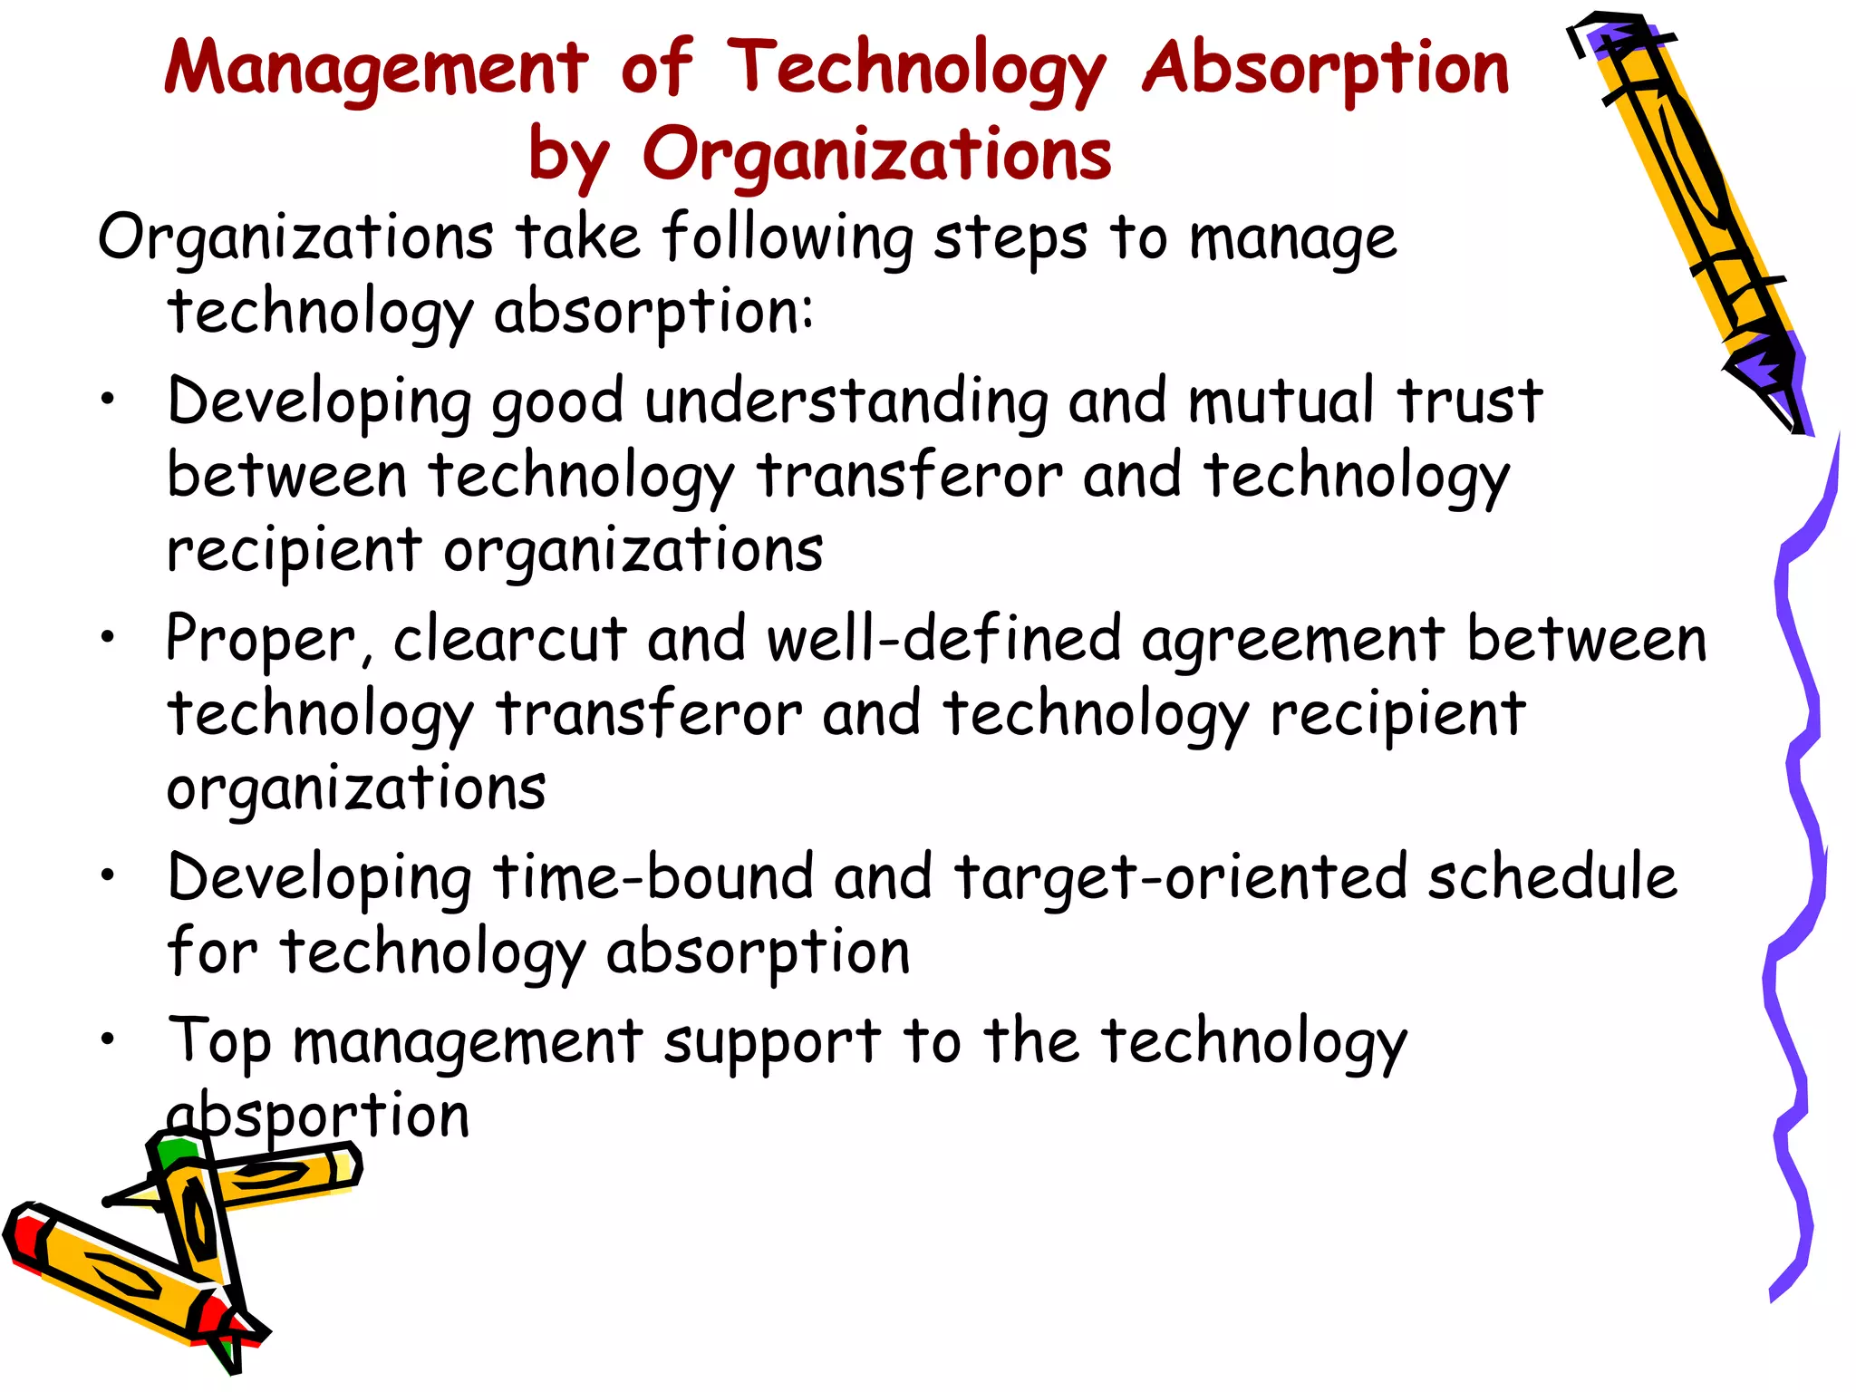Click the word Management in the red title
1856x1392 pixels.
click(376, 69)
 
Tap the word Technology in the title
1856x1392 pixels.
click(916, 69)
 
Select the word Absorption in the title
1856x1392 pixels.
click(1325, 69)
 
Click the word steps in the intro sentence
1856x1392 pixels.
click(1010, 239)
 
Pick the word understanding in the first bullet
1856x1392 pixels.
click(846, 401)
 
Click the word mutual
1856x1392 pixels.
click(1281, 401)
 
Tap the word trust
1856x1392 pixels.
click(1469, 401)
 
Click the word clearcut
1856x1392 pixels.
click(509, 639)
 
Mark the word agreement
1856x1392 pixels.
click(1292, 641)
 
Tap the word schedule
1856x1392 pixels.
click(1551, 877)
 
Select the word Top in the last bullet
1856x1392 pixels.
click(219, 1042)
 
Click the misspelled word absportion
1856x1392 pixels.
click(318, 1116)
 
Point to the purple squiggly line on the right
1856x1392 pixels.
click(1799, 861)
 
